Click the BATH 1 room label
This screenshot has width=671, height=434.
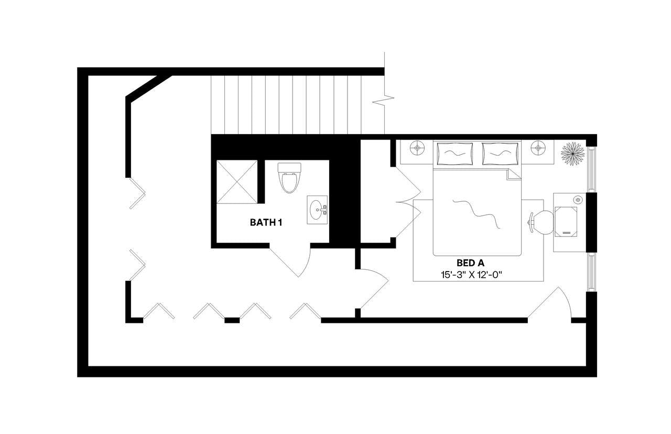click(266, 223)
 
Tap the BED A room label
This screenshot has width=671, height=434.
click(470, 263)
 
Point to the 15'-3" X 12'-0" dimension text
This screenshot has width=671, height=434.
click(471, 275)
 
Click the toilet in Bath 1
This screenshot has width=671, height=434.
click(289, 178)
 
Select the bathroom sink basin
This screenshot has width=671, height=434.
click(317, 210)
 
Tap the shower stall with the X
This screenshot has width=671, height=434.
click(236, 182)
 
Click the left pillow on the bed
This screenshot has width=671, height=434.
click(455, 154)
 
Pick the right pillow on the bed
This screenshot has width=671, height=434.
click(500, 154)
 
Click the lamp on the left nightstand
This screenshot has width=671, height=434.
click(417, 148)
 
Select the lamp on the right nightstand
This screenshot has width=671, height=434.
click(538, 148)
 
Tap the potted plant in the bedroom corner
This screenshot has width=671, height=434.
click(572, 154)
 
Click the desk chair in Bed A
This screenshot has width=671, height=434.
click(541, 223)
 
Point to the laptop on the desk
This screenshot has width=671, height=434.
click(566, 222)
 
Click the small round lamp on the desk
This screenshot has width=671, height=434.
click(578, 200)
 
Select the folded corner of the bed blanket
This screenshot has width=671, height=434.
click(513, 175)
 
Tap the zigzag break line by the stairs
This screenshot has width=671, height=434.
click(383, 100)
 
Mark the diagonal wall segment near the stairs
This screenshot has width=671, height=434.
click(149, 87)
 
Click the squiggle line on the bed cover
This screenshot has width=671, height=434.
click(477, 213)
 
